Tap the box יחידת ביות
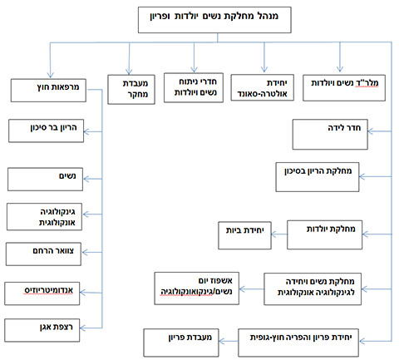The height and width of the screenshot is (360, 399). (239, 229)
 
